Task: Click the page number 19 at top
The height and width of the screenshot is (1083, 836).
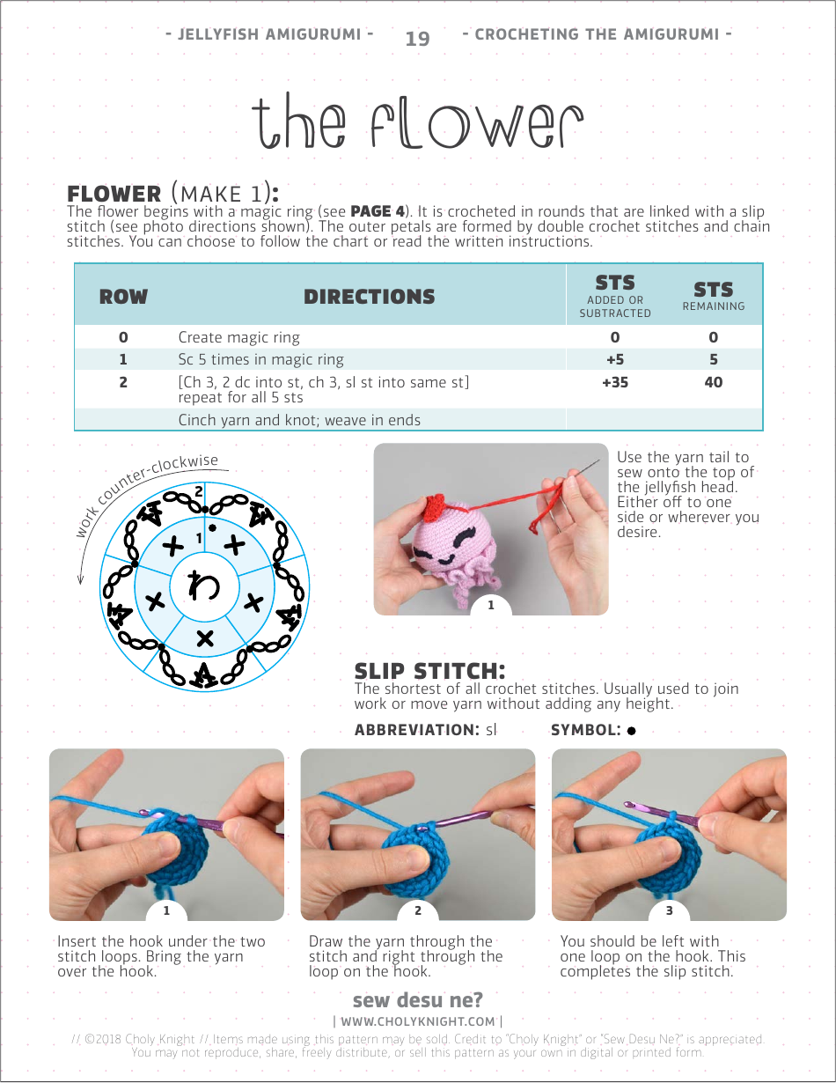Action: (x=417, y=39)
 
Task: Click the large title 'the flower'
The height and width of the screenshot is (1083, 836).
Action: (x=417, y=124)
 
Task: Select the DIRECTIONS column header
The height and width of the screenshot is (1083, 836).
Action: (x=369, y=297)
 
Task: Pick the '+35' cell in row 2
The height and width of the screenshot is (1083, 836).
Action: (x=614, y=382)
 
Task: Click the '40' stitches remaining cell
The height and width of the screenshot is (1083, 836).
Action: (x=713, y=382)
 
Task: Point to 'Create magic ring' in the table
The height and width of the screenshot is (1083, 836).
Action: (x=238, y=337)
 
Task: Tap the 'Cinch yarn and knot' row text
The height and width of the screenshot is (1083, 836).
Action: (x=299, y=420)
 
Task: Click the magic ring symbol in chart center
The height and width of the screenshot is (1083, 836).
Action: (x=204, y=584)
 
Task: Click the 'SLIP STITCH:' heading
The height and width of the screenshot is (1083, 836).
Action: (x=429, y=671)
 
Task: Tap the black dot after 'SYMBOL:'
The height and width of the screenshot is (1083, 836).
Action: (x=632, y=731)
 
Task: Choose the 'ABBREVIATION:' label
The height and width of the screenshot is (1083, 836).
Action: (x=415, y=730)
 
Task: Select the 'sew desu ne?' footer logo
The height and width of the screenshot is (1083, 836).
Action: (x=417, y=1000)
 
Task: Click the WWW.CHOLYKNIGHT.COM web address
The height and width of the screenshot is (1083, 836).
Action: (x=417, y=1021)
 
